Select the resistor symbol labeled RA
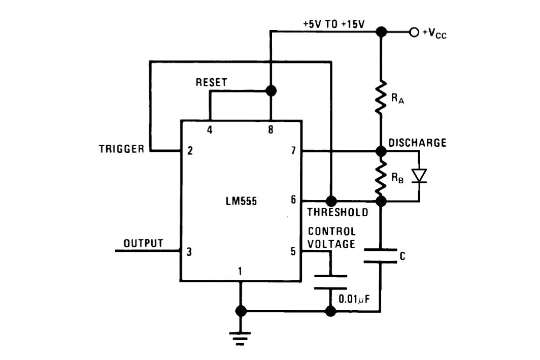pyautogui.click(x=381, y=96)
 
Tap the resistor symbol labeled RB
pyautogui.click(x=381, y=176)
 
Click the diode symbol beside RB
pyautogui.click(x=419, y=176)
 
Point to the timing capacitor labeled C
pyautogui.click(x=380, y=256)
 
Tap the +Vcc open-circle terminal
pyautogui.click(x=414, y=32)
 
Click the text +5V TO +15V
pyautogui.click(x=333, y=24)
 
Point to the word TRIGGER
pyautogui.click(x=122, y=149)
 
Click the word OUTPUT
pyautogui.click(x=144, y=243)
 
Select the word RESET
pyautogui.click(x=212, y=82)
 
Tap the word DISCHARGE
pyautogui.click(x=417, y=143)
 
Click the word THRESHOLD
pyautogui.click(x=338, y=212)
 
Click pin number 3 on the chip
pyautogui.click(x=189, y=251)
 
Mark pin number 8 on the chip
pyautogui.click(x=271, y=130)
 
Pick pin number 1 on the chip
pyautogui.click(x=240, y=272)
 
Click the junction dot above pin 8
pyautogui.click(x=271, y=91)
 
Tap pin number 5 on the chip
pyautogui.click(x=293, y=251)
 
